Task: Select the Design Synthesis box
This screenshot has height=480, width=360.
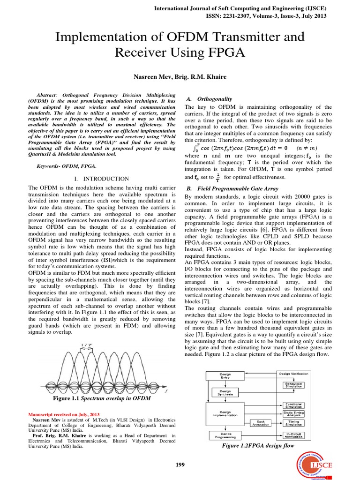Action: (225, 392)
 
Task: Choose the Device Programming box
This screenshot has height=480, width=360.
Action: (225, 435)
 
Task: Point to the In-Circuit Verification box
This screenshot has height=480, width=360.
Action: (292, 435)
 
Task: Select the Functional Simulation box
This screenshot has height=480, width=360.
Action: (292, 405)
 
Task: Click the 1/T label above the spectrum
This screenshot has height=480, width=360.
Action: (86, 346)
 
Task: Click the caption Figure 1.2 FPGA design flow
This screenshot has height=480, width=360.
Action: (258, 446)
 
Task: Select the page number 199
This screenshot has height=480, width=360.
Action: (180, 465)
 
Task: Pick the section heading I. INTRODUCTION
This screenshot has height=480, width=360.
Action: (102, 179)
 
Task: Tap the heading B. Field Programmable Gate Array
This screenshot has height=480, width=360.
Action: (232, 188)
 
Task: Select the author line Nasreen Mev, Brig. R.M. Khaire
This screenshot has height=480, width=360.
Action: (180, 76)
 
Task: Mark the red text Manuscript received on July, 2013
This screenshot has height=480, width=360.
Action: (64, 415)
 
